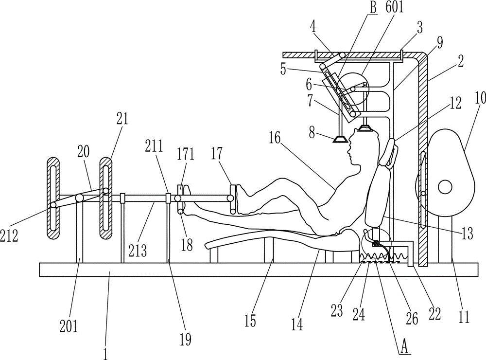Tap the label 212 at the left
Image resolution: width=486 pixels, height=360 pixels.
[9, 236]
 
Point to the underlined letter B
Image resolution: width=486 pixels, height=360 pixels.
[373, 8]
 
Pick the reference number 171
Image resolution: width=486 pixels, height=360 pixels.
[186, 154]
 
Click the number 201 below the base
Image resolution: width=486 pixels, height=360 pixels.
[69, 326]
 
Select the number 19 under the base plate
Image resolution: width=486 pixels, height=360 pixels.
[185, 340]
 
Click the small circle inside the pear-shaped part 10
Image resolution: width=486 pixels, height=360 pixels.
[445, 186]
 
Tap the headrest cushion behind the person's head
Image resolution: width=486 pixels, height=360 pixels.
[389, 153]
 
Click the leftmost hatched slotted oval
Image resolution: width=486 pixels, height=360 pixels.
[54, 198]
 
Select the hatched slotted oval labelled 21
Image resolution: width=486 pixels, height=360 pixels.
[105, 198]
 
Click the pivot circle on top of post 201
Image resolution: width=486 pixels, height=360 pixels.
[79, 198]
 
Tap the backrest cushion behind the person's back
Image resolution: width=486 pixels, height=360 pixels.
[377, 197]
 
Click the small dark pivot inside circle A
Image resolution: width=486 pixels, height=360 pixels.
[377, 243]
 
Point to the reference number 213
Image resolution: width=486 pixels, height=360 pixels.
[138, 251]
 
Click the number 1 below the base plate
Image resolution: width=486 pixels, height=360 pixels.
[105, 354]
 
